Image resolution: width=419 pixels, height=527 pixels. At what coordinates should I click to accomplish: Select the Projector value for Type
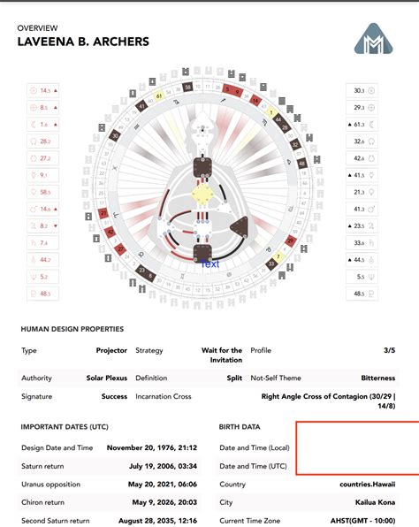[x=111, y=350]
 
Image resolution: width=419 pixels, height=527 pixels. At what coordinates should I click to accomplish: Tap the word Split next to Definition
[x=234, y=378]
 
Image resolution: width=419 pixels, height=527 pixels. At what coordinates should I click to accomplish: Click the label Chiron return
[x=45, y=502]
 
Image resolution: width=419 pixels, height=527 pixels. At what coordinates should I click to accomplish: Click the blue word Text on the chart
[x=210, y=263]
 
